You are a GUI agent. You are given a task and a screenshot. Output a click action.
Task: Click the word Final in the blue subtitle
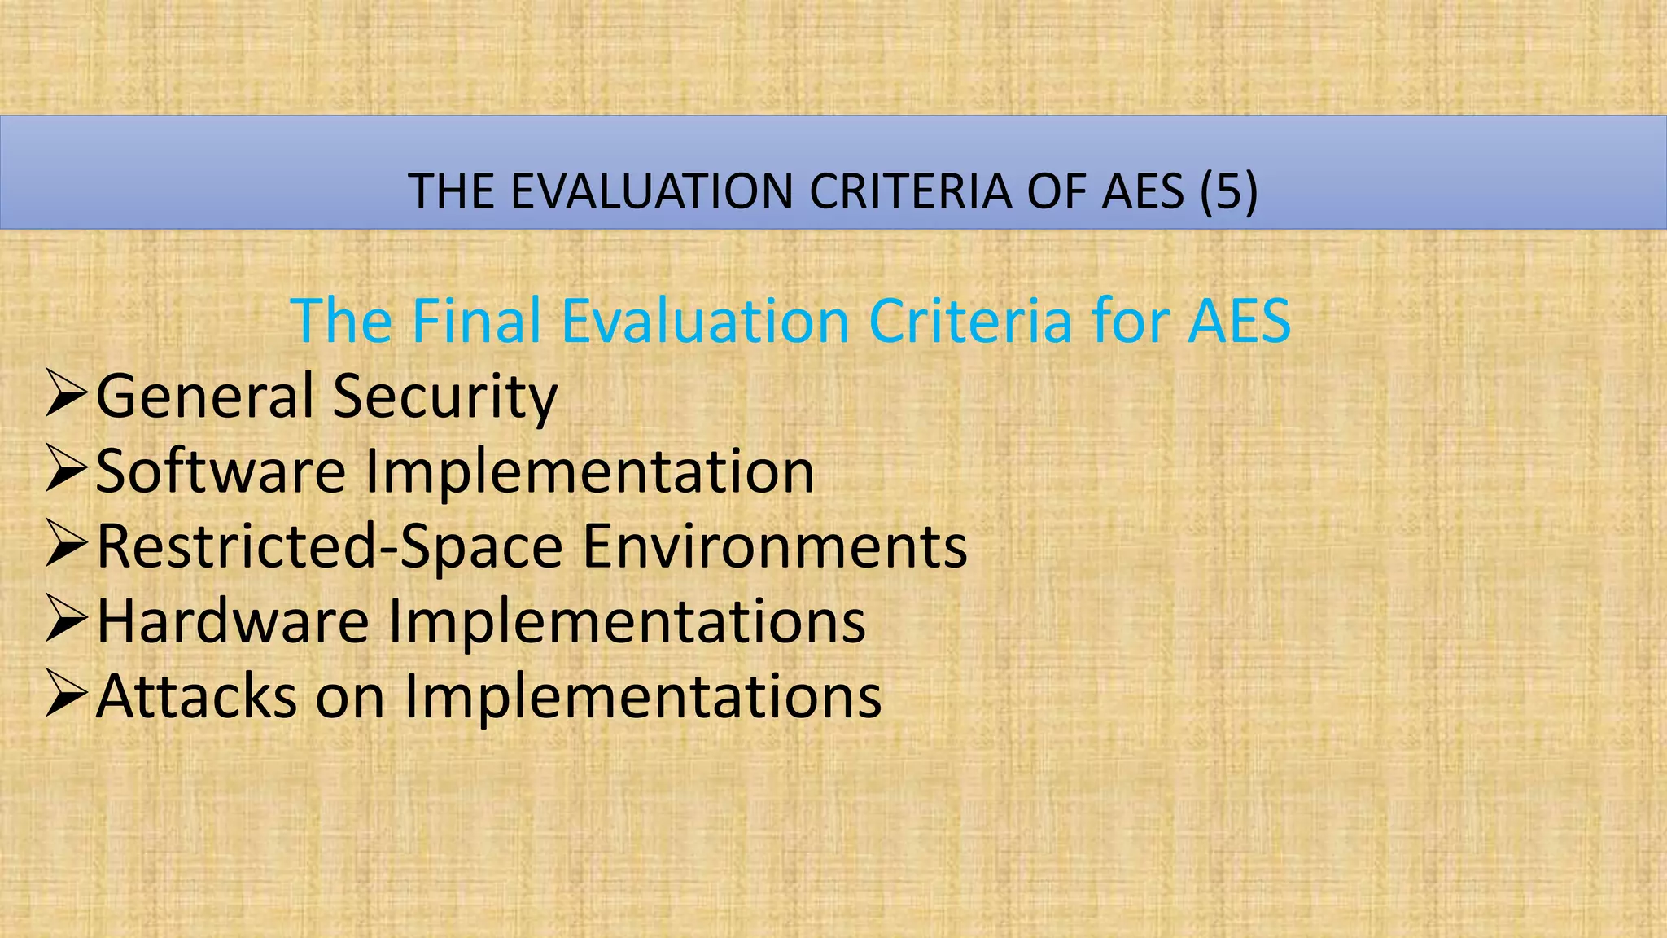click(476, 321)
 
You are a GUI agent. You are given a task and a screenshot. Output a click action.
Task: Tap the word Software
click(221, 471)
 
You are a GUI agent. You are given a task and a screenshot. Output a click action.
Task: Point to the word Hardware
click(233, 621)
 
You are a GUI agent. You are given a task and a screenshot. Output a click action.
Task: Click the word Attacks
click(196, 696)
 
